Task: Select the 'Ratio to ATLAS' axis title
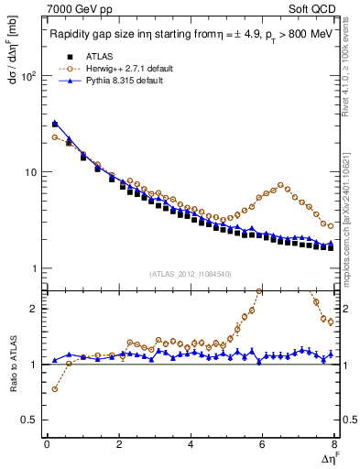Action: [x=16, y=367]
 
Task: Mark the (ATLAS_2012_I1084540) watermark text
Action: [x=191, y=273]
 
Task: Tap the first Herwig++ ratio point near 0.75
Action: [x=55, y=389]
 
